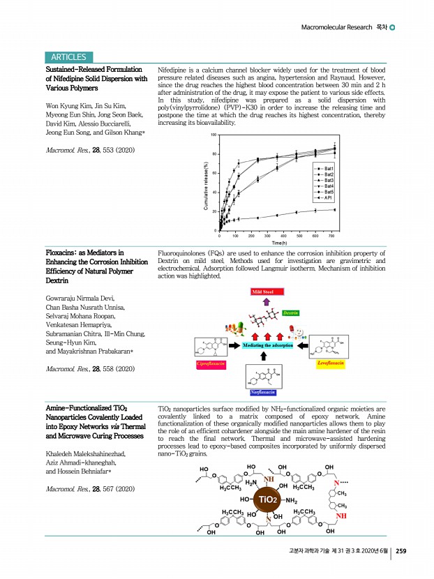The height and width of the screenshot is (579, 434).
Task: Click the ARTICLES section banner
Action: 68,57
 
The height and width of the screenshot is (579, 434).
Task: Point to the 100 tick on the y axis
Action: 214,135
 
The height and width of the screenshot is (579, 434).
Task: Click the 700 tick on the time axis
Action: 331,236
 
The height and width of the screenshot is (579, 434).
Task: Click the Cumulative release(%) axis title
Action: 206,184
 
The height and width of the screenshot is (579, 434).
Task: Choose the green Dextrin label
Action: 290,314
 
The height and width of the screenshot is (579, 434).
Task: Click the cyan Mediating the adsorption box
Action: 267,345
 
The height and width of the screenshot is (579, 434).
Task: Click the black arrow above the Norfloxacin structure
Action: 264,357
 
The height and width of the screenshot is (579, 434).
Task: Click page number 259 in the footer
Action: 401,551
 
